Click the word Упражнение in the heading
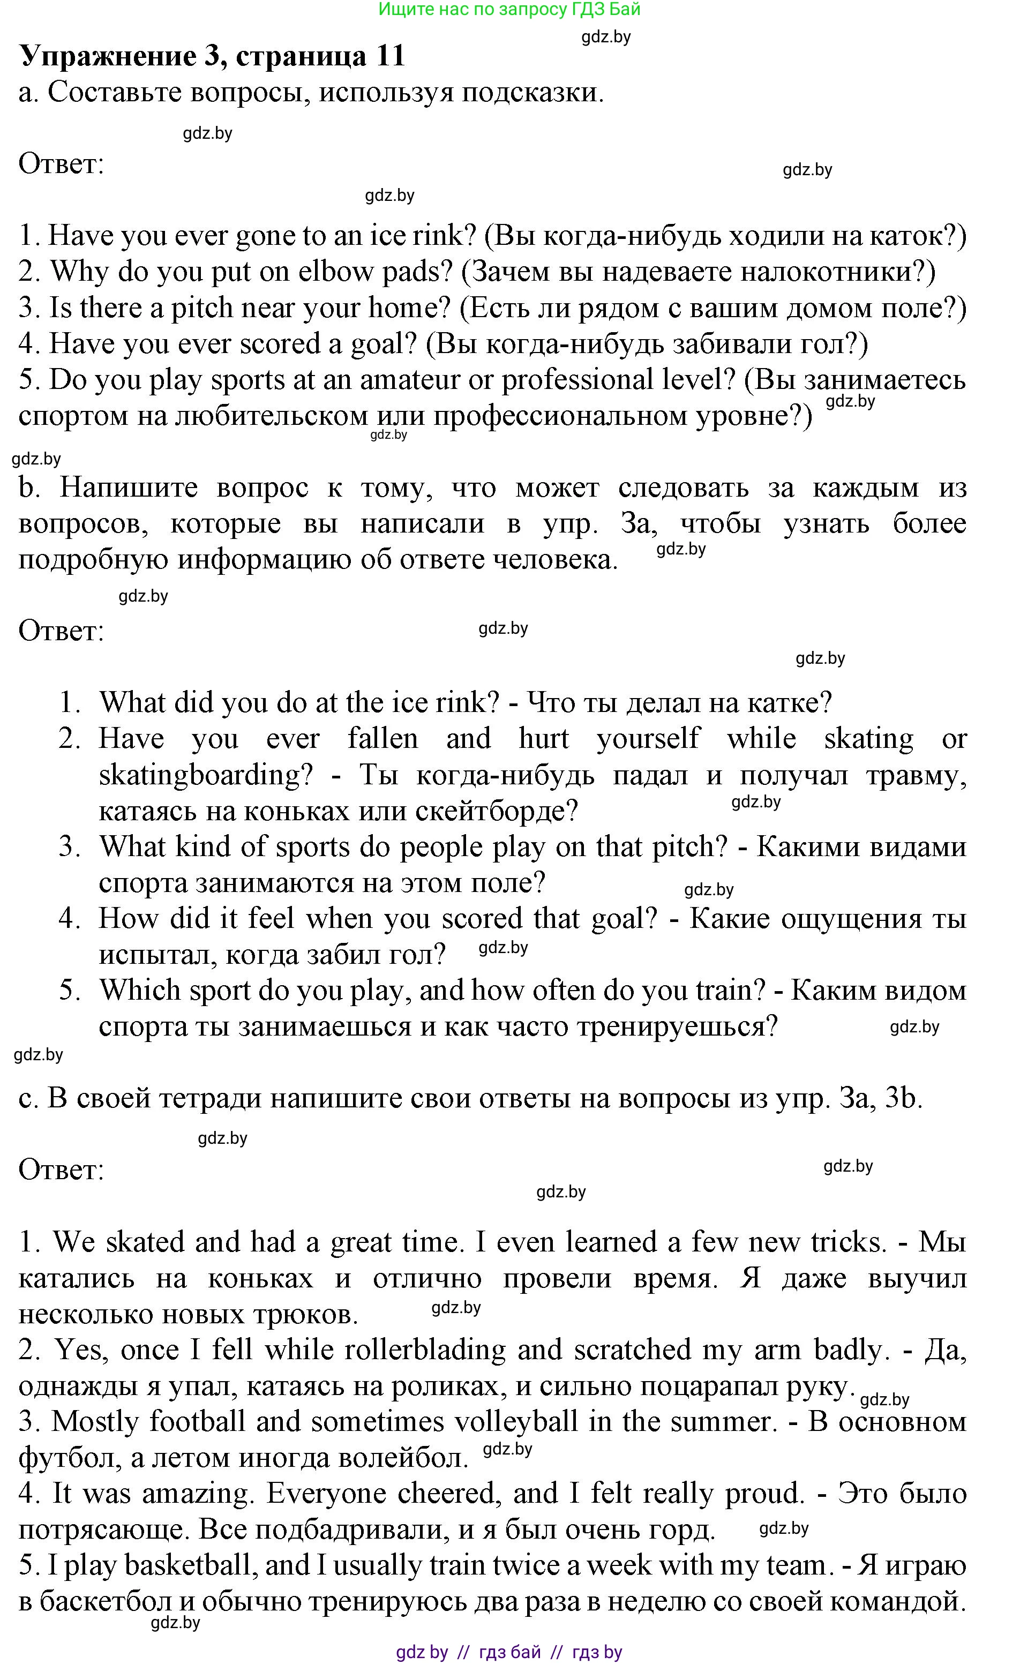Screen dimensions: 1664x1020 point(108,56)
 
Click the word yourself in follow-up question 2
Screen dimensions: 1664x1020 point(648,738)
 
